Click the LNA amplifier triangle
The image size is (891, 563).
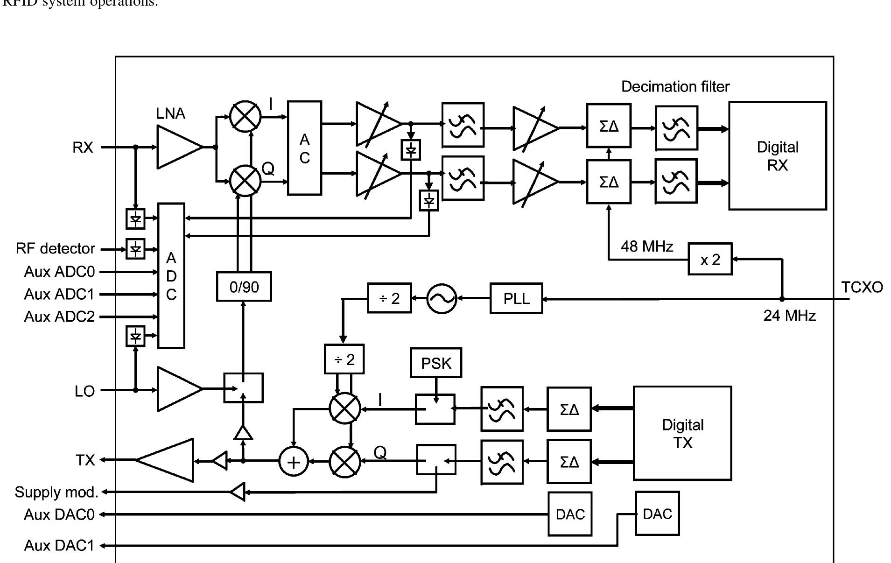coord(177,147)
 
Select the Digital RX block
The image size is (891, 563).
coord(777,156)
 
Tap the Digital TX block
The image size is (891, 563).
coord(682,433)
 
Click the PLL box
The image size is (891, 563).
coord(516,298)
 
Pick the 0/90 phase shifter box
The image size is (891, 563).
coord(244,287)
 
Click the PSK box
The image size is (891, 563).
coord(436,363)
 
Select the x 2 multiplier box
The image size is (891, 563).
coord(709,259)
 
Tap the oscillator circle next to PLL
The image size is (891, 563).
coord(442,299)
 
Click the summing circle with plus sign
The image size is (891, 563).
coord(294,462)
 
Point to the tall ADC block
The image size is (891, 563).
coord(171,275)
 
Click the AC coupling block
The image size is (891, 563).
coord(304,148)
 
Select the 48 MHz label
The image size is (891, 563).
coord(646,246)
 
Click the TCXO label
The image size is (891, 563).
coord(862,287)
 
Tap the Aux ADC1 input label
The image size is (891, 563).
coord(59,294)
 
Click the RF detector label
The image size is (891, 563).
coord(56,248)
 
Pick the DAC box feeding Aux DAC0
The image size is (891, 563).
coord(570,514)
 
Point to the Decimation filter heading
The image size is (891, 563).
coord(675,86)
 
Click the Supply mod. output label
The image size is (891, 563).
coord(56,492)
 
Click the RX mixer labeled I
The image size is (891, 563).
coord(246,116)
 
